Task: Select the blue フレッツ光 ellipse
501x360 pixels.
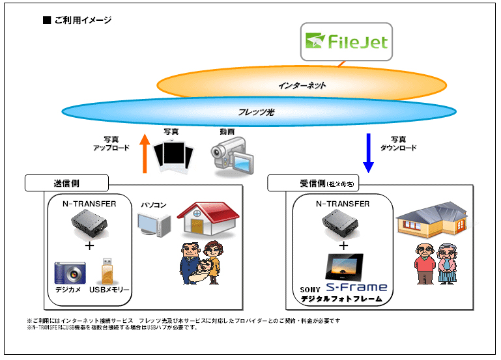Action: point(259,112)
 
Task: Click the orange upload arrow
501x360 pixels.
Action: point(145,154)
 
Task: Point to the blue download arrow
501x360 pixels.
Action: point(368,154)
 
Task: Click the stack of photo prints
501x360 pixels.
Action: point(173,156)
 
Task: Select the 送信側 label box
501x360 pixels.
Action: point(66,182)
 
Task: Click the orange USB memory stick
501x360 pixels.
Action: point(107,271)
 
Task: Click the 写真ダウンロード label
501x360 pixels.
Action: point(404,143)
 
